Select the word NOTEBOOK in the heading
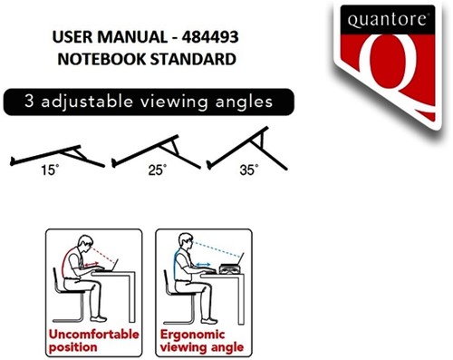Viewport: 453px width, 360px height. [101, 60]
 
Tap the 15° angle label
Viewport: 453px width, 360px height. [45, 169]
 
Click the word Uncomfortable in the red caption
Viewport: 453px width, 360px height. [94, 334]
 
